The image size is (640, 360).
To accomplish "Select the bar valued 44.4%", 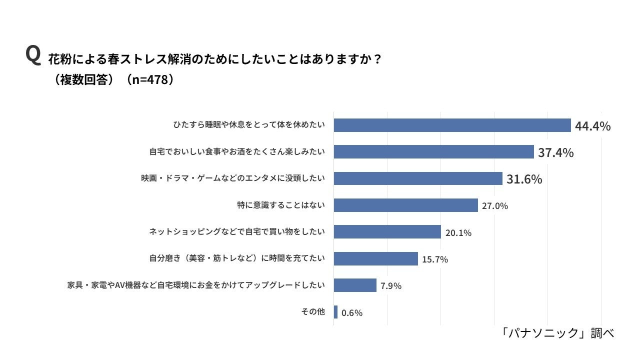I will click(x=452, y=125).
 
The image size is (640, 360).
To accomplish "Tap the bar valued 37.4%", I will click(x=433, y=152).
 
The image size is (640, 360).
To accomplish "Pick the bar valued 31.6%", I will click(x=417, y=178).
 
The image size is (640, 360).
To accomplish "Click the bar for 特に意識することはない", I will click(x=405, y=205).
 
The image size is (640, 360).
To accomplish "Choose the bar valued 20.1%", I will click(x=387, y=231).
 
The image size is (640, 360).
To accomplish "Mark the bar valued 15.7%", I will click(x=375, y=258).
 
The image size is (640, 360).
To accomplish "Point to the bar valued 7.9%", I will click(x=354, y=285).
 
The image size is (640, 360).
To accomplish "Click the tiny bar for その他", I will click(x=335, y=312).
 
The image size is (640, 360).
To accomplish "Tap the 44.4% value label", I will click(x=592, y=126).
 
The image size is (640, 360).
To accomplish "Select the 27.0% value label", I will click(x=495, y=205).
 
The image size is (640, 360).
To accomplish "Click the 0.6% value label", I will click(x=352, y=313).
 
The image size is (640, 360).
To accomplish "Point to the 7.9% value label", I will click(x=391, y=286).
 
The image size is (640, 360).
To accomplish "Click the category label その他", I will click(x=313, y=311).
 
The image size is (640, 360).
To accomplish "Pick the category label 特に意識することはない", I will click(x=281, y=205).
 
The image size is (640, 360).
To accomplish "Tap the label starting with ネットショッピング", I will click(x=237, y=231).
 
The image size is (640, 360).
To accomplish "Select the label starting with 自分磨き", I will click(x=237, y=258).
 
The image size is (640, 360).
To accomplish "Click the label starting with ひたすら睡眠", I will click(x=249, y=125).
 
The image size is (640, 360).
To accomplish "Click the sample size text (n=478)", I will click(x=150, y=80).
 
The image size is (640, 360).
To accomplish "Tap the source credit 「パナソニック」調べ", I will click(x=558, y=333).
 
